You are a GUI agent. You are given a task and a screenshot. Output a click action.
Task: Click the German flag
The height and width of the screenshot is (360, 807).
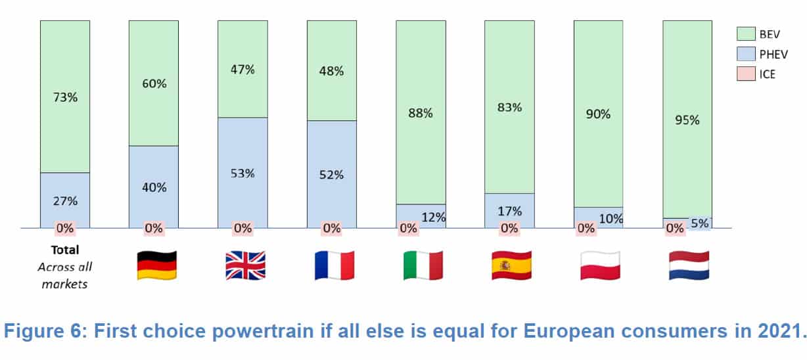[x=156, y=265]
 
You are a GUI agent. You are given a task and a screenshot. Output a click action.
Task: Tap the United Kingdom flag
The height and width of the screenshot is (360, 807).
[x=245, y=265]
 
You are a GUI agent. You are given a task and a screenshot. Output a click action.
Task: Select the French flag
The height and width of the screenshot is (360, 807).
[x=334, y=265]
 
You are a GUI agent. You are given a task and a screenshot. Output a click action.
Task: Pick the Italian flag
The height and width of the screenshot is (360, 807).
[x=423, y=265]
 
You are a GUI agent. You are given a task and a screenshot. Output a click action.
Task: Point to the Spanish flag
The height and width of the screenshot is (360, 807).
[x=511, y=265]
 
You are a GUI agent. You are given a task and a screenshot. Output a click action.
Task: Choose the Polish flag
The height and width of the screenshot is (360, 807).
[x=601, y=265]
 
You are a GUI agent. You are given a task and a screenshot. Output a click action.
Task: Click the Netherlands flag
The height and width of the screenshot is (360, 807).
[x=689, y=265]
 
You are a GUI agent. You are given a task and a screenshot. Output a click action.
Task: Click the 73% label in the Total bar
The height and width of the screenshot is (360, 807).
[x=64, y=97]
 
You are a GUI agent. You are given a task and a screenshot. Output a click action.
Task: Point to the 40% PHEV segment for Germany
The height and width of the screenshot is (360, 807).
[x=154, y=187]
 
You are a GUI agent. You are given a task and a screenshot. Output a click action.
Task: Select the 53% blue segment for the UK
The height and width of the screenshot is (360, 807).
[x=242, y=173]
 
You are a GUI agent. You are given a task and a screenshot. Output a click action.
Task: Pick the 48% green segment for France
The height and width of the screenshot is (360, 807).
[x=331, y=71]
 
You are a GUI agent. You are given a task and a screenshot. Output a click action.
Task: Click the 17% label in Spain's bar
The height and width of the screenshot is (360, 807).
[x=509, y=211]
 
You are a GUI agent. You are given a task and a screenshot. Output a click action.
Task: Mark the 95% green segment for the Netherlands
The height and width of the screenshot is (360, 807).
[x=687, y=120]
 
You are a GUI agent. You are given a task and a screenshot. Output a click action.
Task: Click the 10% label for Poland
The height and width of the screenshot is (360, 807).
[x=611, y=219]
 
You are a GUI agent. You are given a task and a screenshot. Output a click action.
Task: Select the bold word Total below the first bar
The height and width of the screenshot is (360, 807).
[x=64, y=250]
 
